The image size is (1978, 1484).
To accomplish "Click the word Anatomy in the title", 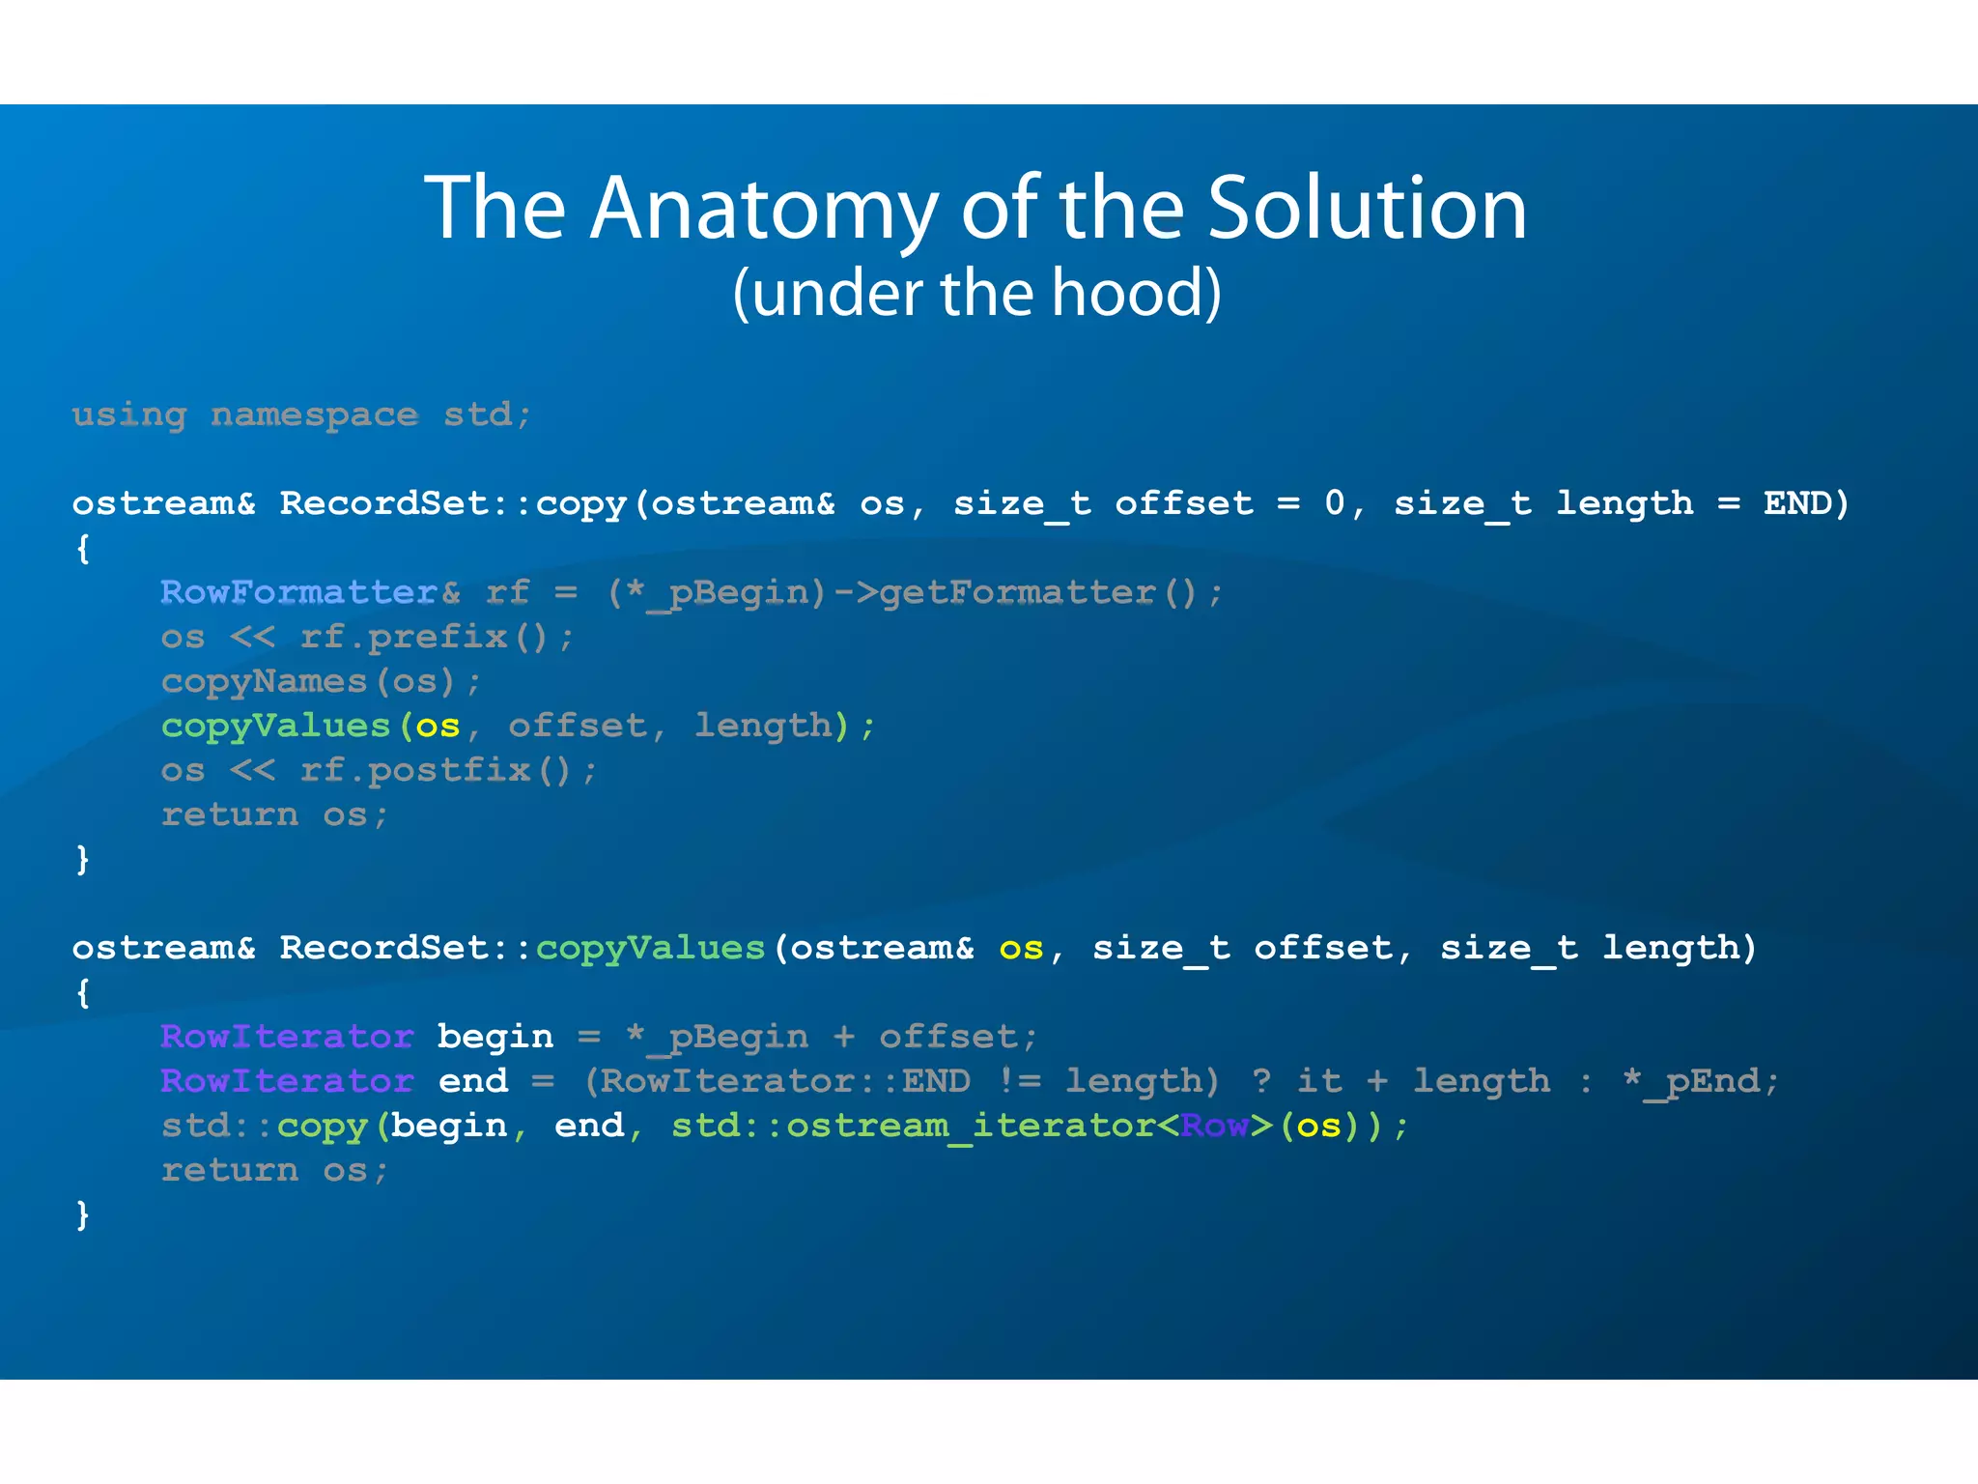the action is (763, 209).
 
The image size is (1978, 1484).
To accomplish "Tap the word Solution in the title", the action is (1367, 209).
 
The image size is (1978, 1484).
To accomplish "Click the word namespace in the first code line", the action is (314, 415).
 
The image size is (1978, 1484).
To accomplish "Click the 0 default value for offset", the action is (1334, 503).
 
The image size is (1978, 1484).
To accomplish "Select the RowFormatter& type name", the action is (310, 592).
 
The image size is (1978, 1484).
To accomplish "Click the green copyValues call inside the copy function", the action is (275, 726).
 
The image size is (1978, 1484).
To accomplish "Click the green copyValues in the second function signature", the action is (650, 948).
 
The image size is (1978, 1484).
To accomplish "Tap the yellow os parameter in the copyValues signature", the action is (1021, 948).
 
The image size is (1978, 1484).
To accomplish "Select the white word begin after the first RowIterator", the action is (494, 1037).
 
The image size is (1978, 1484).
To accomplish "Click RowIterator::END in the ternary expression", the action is (785, 1081).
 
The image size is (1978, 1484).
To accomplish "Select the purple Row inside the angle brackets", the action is (1214, 1126).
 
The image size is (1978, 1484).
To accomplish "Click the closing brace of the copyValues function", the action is (83, 1214).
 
